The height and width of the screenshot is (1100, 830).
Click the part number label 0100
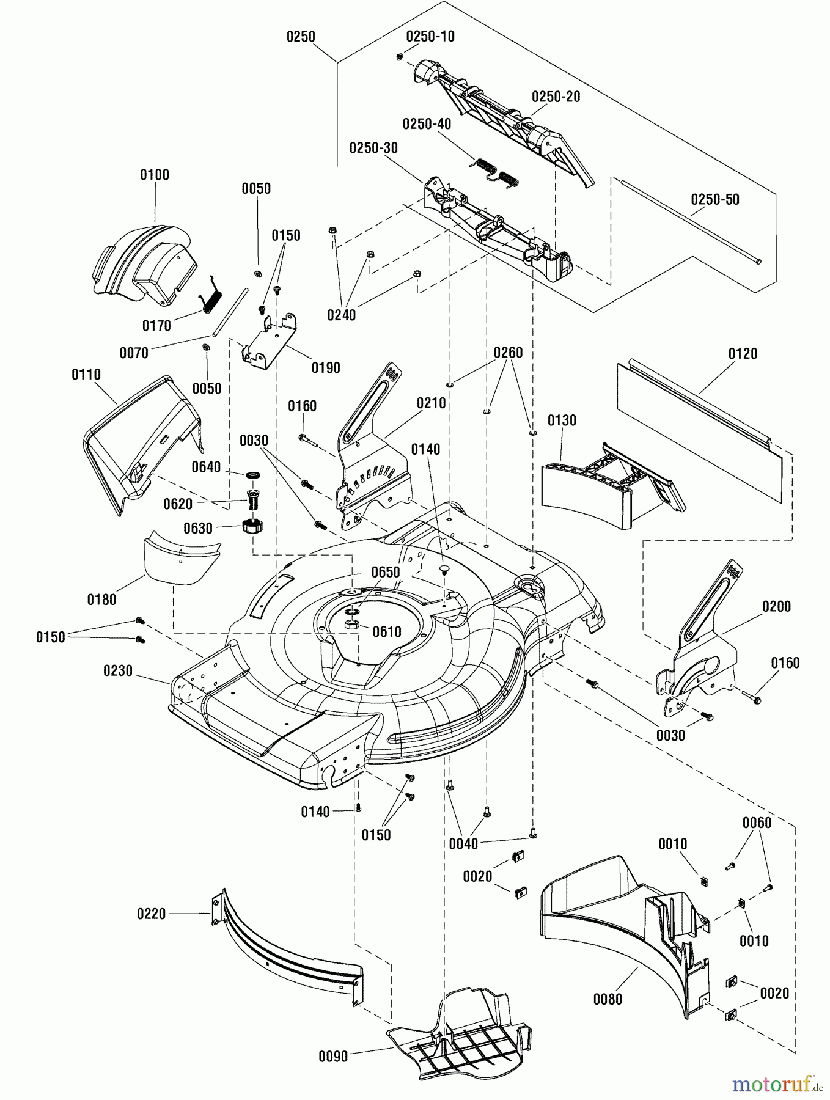click(155, 175)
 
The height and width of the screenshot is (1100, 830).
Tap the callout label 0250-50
click(715, 200)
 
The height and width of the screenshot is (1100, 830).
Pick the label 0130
click(562, 420)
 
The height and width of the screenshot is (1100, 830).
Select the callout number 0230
click(118, 671)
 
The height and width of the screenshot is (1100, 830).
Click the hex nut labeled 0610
click(353, 625)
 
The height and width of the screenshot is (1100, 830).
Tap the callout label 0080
click(608, 999)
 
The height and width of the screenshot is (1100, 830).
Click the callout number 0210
click(432, 403)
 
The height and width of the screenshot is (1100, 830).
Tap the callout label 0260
click(508, 353)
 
